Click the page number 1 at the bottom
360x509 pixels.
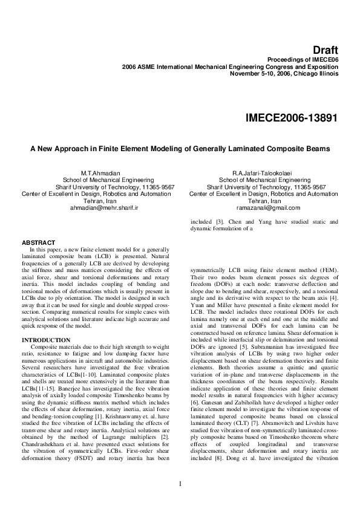coord(180,482)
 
